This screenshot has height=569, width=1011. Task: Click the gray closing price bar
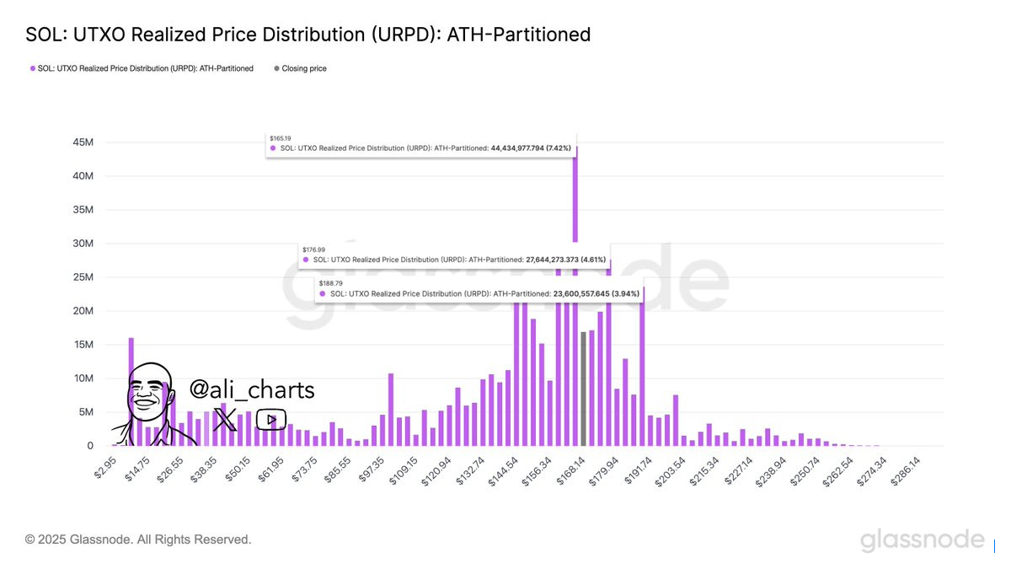point(584,389)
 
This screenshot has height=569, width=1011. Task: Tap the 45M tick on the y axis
point(82,142)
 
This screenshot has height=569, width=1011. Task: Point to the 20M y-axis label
point(82,311)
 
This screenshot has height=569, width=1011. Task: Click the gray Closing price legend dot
point(277,68)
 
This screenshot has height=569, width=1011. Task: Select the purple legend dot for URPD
point(33,68)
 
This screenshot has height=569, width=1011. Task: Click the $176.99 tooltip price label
point(313,250)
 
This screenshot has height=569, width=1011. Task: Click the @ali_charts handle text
point(252,390)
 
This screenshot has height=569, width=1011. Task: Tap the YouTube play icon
point(271,419)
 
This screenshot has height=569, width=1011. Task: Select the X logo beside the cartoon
point(225,419)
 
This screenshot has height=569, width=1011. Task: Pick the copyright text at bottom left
point(138,539)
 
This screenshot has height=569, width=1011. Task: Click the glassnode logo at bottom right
point(922,540)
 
